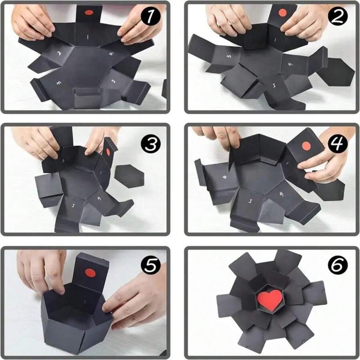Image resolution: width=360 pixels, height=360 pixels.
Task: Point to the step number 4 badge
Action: [x=337, y=144]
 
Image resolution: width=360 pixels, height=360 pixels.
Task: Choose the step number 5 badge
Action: [x=150, y=266]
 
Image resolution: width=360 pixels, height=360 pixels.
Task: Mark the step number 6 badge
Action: [x=337, y=265]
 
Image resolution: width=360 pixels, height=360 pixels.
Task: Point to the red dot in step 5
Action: [x=91, y=274]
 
